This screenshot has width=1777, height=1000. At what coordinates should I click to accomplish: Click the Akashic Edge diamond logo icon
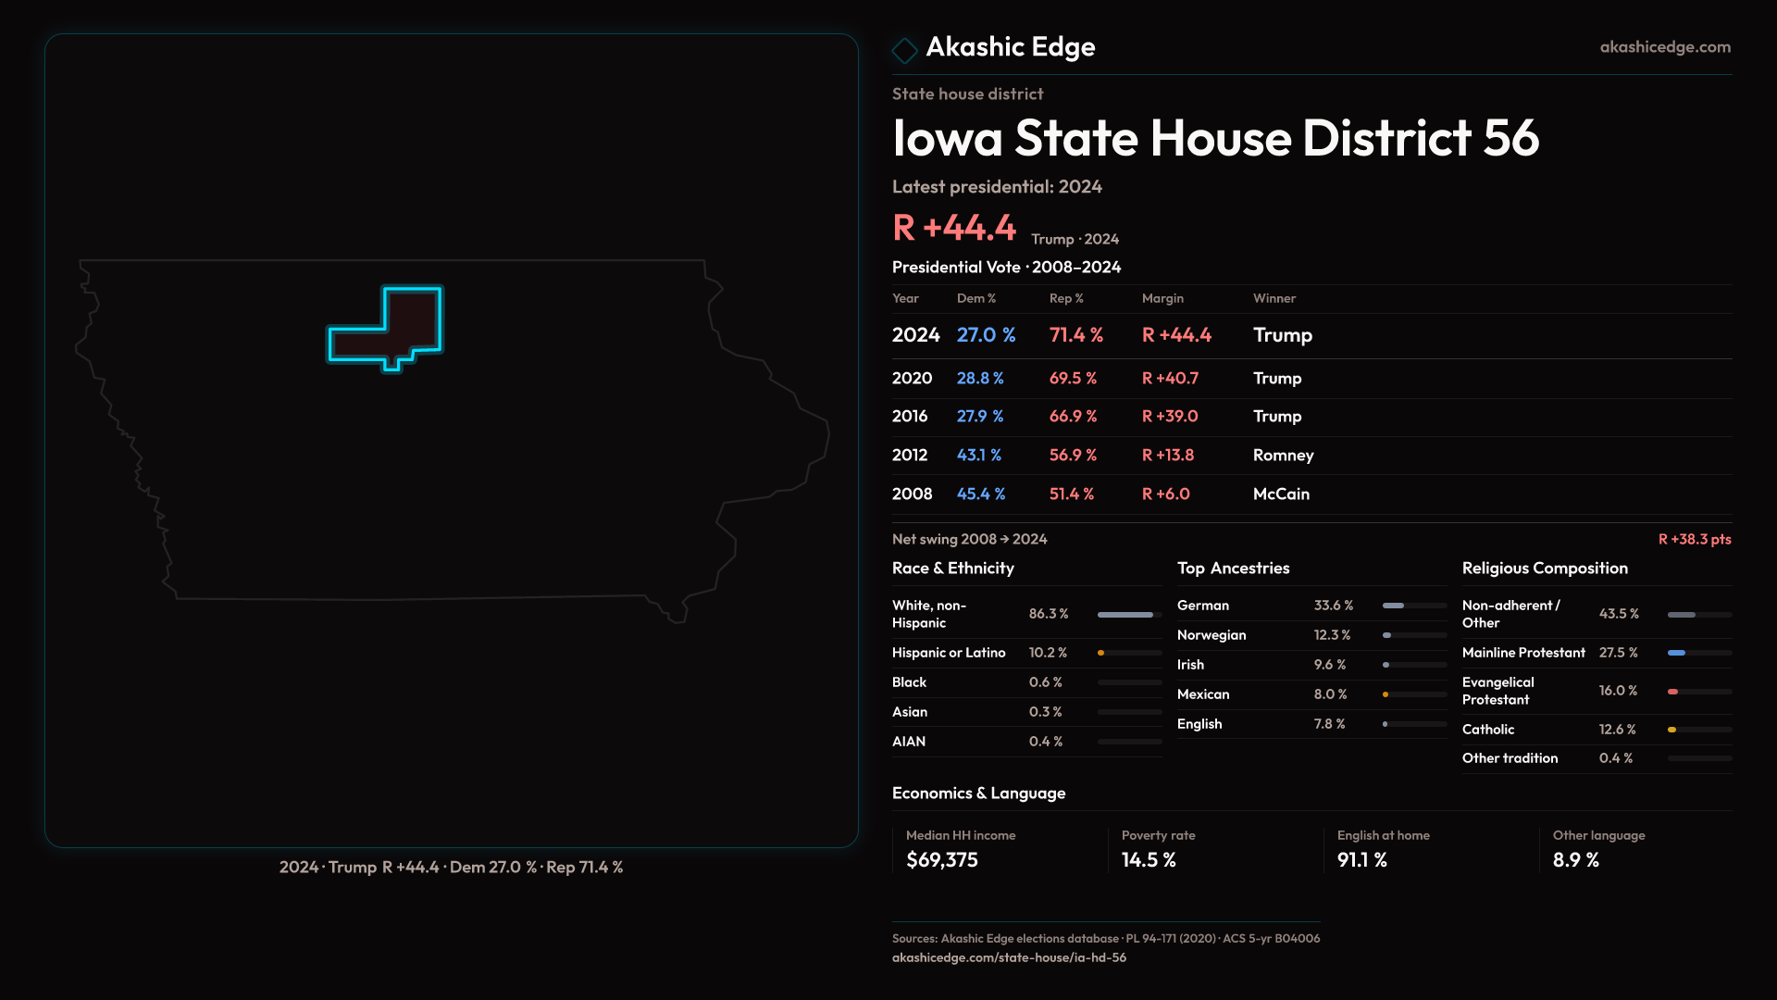tap(904, 49)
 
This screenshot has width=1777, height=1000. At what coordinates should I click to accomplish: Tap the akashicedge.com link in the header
tap(1665, 47)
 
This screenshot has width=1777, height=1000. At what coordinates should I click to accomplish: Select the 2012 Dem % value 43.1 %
tap(979, 456)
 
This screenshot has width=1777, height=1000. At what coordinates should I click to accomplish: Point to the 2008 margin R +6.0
tap(1166, 494)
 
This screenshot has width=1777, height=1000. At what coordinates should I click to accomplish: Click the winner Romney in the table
tap(1283, 456)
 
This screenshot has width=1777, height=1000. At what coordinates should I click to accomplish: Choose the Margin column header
tap(1162, 298)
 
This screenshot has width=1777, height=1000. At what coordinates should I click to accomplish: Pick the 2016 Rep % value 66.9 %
tap(1073, 417)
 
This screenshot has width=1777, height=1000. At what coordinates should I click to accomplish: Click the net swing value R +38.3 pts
tap(1694, 539)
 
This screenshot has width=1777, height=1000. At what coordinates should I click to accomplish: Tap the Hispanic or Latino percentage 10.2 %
tap(1048, 653)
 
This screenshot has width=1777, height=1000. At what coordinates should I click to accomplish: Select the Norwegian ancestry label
tap(1212, 635)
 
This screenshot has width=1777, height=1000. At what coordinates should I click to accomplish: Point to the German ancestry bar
tap(1414, 606)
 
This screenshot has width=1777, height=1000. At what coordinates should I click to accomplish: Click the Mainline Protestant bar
tap(1699, 653)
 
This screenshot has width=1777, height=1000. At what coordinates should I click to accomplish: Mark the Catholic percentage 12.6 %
tap(1617, 730)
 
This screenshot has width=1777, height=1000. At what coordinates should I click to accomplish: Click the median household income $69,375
tap(942, 860)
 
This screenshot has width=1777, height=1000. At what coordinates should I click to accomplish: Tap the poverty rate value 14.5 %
tap(1149, 860)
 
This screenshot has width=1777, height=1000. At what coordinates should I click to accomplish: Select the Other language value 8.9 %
tap(1576, 860)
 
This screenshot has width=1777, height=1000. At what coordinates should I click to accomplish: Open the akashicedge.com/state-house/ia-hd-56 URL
tap(1009, 957)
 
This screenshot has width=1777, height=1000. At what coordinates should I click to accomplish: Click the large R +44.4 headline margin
tap(954, 228)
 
